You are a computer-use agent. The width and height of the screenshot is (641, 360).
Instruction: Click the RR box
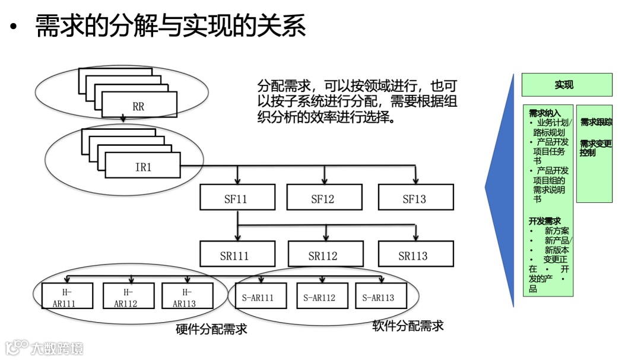(x=139, y=106)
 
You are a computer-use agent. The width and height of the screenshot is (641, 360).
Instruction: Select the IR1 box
(x=142, y=167)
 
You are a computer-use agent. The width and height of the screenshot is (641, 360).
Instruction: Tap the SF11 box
(x=237, y=198)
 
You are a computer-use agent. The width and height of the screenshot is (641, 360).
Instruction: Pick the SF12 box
(x=323, y=198)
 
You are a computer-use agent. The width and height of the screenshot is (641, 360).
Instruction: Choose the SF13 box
(x=415, y=198)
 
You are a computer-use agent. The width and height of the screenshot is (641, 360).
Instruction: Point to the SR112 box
(x=323, y=255)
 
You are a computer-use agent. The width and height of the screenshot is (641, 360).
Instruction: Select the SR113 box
(x=415, y=255)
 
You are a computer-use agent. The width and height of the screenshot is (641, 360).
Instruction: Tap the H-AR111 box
(x=67, y=297)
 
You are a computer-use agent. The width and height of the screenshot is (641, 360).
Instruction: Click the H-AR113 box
(x=187, y=297)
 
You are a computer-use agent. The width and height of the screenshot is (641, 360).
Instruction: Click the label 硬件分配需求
(x=211, y=329)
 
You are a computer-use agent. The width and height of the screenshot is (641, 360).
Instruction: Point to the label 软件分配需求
(x=408, y=326)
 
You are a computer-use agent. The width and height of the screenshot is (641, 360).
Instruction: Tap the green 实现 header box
(x=566, y=85)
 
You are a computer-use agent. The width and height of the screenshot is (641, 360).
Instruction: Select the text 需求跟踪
(x=595, y=122)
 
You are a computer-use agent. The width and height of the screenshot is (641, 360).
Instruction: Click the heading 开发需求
(x=544, y=221)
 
